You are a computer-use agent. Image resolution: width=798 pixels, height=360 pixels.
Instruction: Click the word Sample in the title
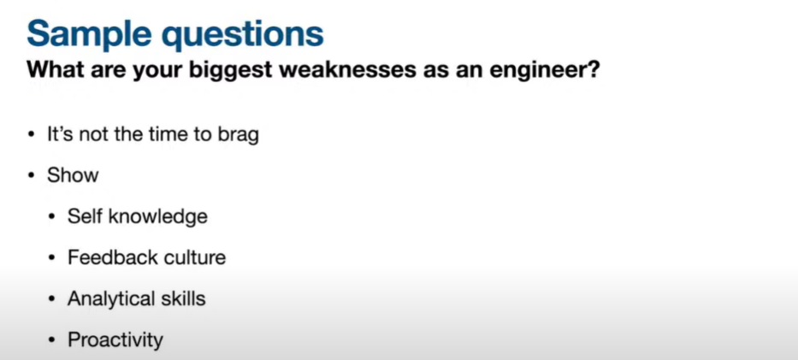(89, 34)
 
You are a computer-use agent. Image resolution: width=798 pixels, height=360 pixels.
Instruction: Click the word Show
(73, 175)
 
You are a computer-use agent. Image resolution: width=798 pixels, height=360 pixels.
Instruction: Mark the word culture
(188, 257)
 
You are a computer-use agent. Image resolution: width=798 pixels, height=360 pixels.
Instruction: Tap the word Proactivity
(115, 339)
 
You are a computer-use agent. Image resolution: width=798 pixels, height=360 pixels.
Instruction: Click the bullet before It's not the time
(32, 135)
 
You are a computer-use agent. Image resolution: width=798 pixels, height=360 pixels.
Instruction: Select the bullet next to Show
(32, 176)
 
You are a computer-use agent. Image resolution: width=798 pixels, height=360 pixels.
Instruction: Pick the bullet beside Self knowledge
(51, 217)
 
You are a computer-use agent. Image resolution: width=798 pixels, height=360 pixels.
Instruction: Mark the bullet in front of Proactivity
(51, 339)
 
